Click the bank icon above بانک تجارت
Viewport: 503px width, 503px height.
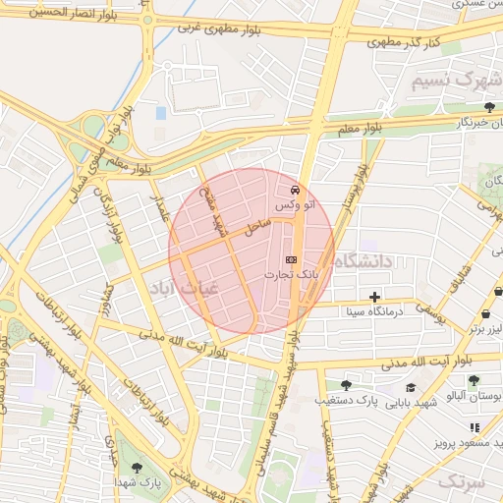[x=290, y=257]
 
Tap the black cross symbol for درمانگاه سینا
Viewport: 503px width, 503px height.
[x=374, y=296]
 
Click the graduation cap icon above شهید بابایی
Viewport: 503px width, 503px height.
[x=401, y=386]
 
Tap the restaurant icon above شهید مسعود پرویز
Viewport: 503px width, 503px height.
[x=475, y=427]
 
